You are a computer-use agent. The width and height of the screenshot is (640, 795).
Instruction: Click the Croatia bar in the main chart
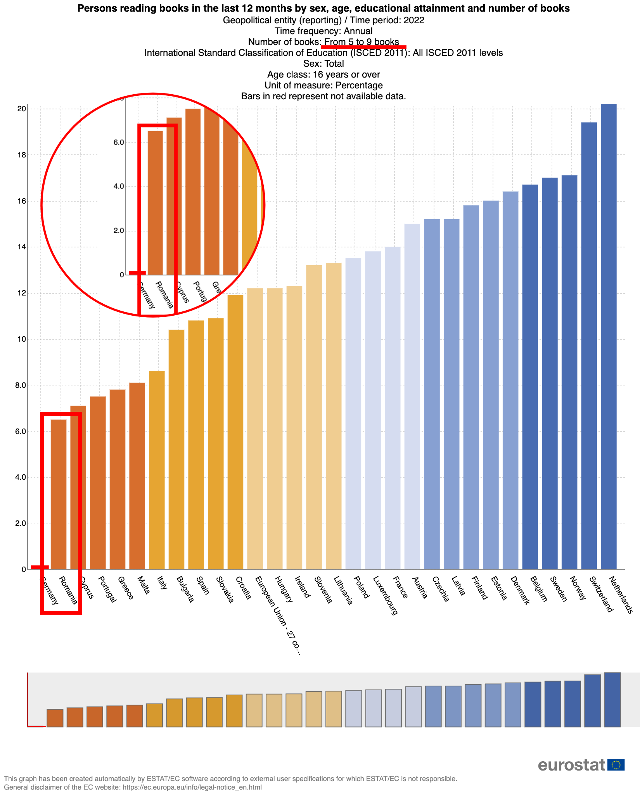click(235, 432)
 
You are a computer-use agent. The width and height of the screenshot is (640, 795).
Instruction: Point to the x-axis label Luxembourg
click(385, 596)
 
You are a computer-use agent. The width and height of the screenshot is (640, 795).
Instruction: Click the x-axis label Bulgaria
click(185, 589)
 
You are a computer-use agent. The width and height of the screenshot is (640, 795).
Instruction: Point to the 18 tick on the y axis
click(21, 155)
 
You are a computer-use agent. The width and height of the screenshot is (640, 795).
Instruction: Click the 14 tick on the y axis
click(21, 247)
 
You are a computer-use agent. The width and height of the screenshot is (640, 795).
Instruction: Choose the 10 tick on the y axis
click(21, 339)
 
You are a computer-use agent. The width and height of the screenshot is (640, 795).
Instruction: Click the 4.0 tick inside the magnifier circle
click(119, 187)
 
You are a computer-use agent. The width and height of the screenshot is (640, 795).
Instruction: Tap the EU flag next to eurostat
click(616, 765)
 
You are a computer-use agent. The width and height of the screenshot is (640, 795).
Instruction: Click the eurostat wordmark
click(571, 765)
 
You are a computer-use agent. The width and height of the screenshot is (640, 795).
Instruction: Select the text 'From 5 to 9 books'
click(362, 42)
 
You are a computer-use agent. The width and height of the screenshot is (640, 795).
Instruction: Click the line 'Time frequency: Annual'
click(323, 31)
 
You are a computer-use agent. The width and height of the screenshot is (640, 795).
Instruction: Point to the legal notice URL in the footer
click(192, 787)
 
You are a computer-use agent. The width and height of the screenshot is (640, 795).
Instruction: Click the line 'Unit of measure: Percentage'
click(323, 85)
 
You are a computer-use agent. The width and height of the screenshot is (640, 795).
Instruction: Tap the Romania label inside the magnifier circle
click(164, 295)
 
